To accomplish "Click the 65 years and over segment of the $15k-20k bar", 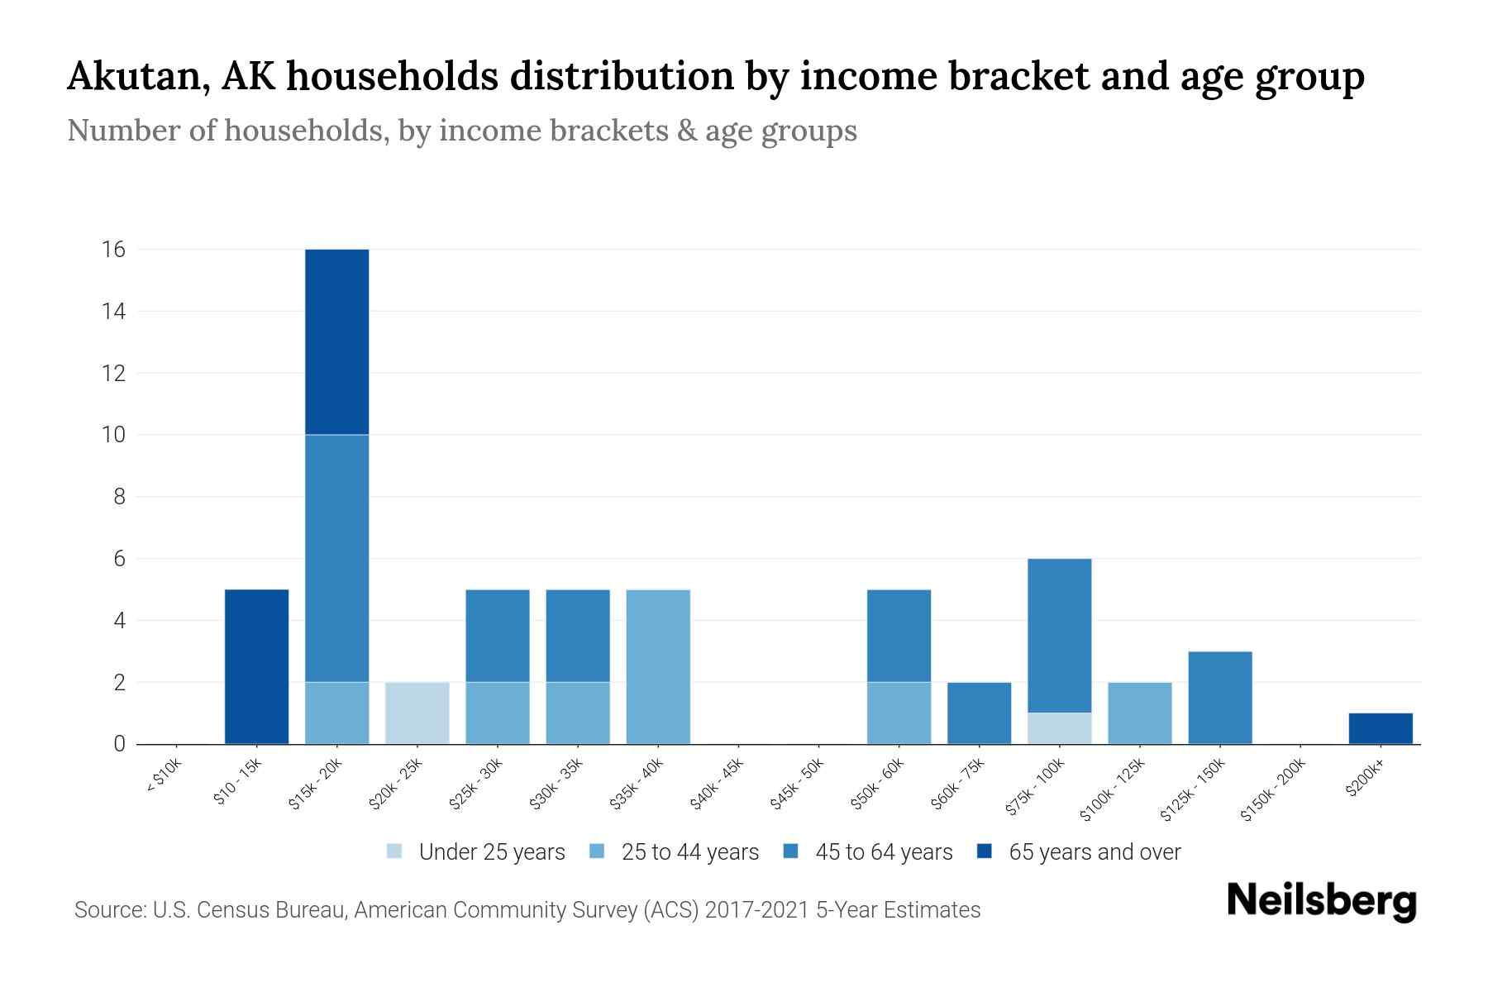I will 336,341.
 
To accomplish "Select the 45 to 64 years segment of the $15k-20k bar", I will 336,558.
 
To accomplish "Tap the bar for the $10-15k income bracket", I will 256,666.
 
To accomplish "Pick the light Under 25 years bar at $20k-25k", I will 417,713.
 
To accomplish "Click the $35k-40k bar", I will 658,666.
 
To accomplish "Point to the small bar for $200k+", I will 1380,728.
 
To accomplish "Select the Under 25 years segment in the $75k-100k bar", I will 1059,728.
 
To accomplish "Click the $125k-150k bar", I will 1219,698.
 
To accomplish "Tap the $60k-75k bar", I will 979,713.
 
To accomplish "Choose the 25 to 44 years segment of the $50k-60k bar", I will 899,713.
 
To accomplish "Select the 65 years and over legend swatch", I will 984,851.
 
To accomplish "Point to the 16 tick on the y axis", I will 114,249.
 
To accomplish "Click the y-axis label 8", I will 120,497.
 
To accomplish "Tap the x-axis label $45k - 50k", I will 797,784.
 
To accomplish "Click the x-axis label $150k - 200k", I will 1272,790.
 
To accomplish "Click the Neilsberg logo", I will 1321,901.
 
